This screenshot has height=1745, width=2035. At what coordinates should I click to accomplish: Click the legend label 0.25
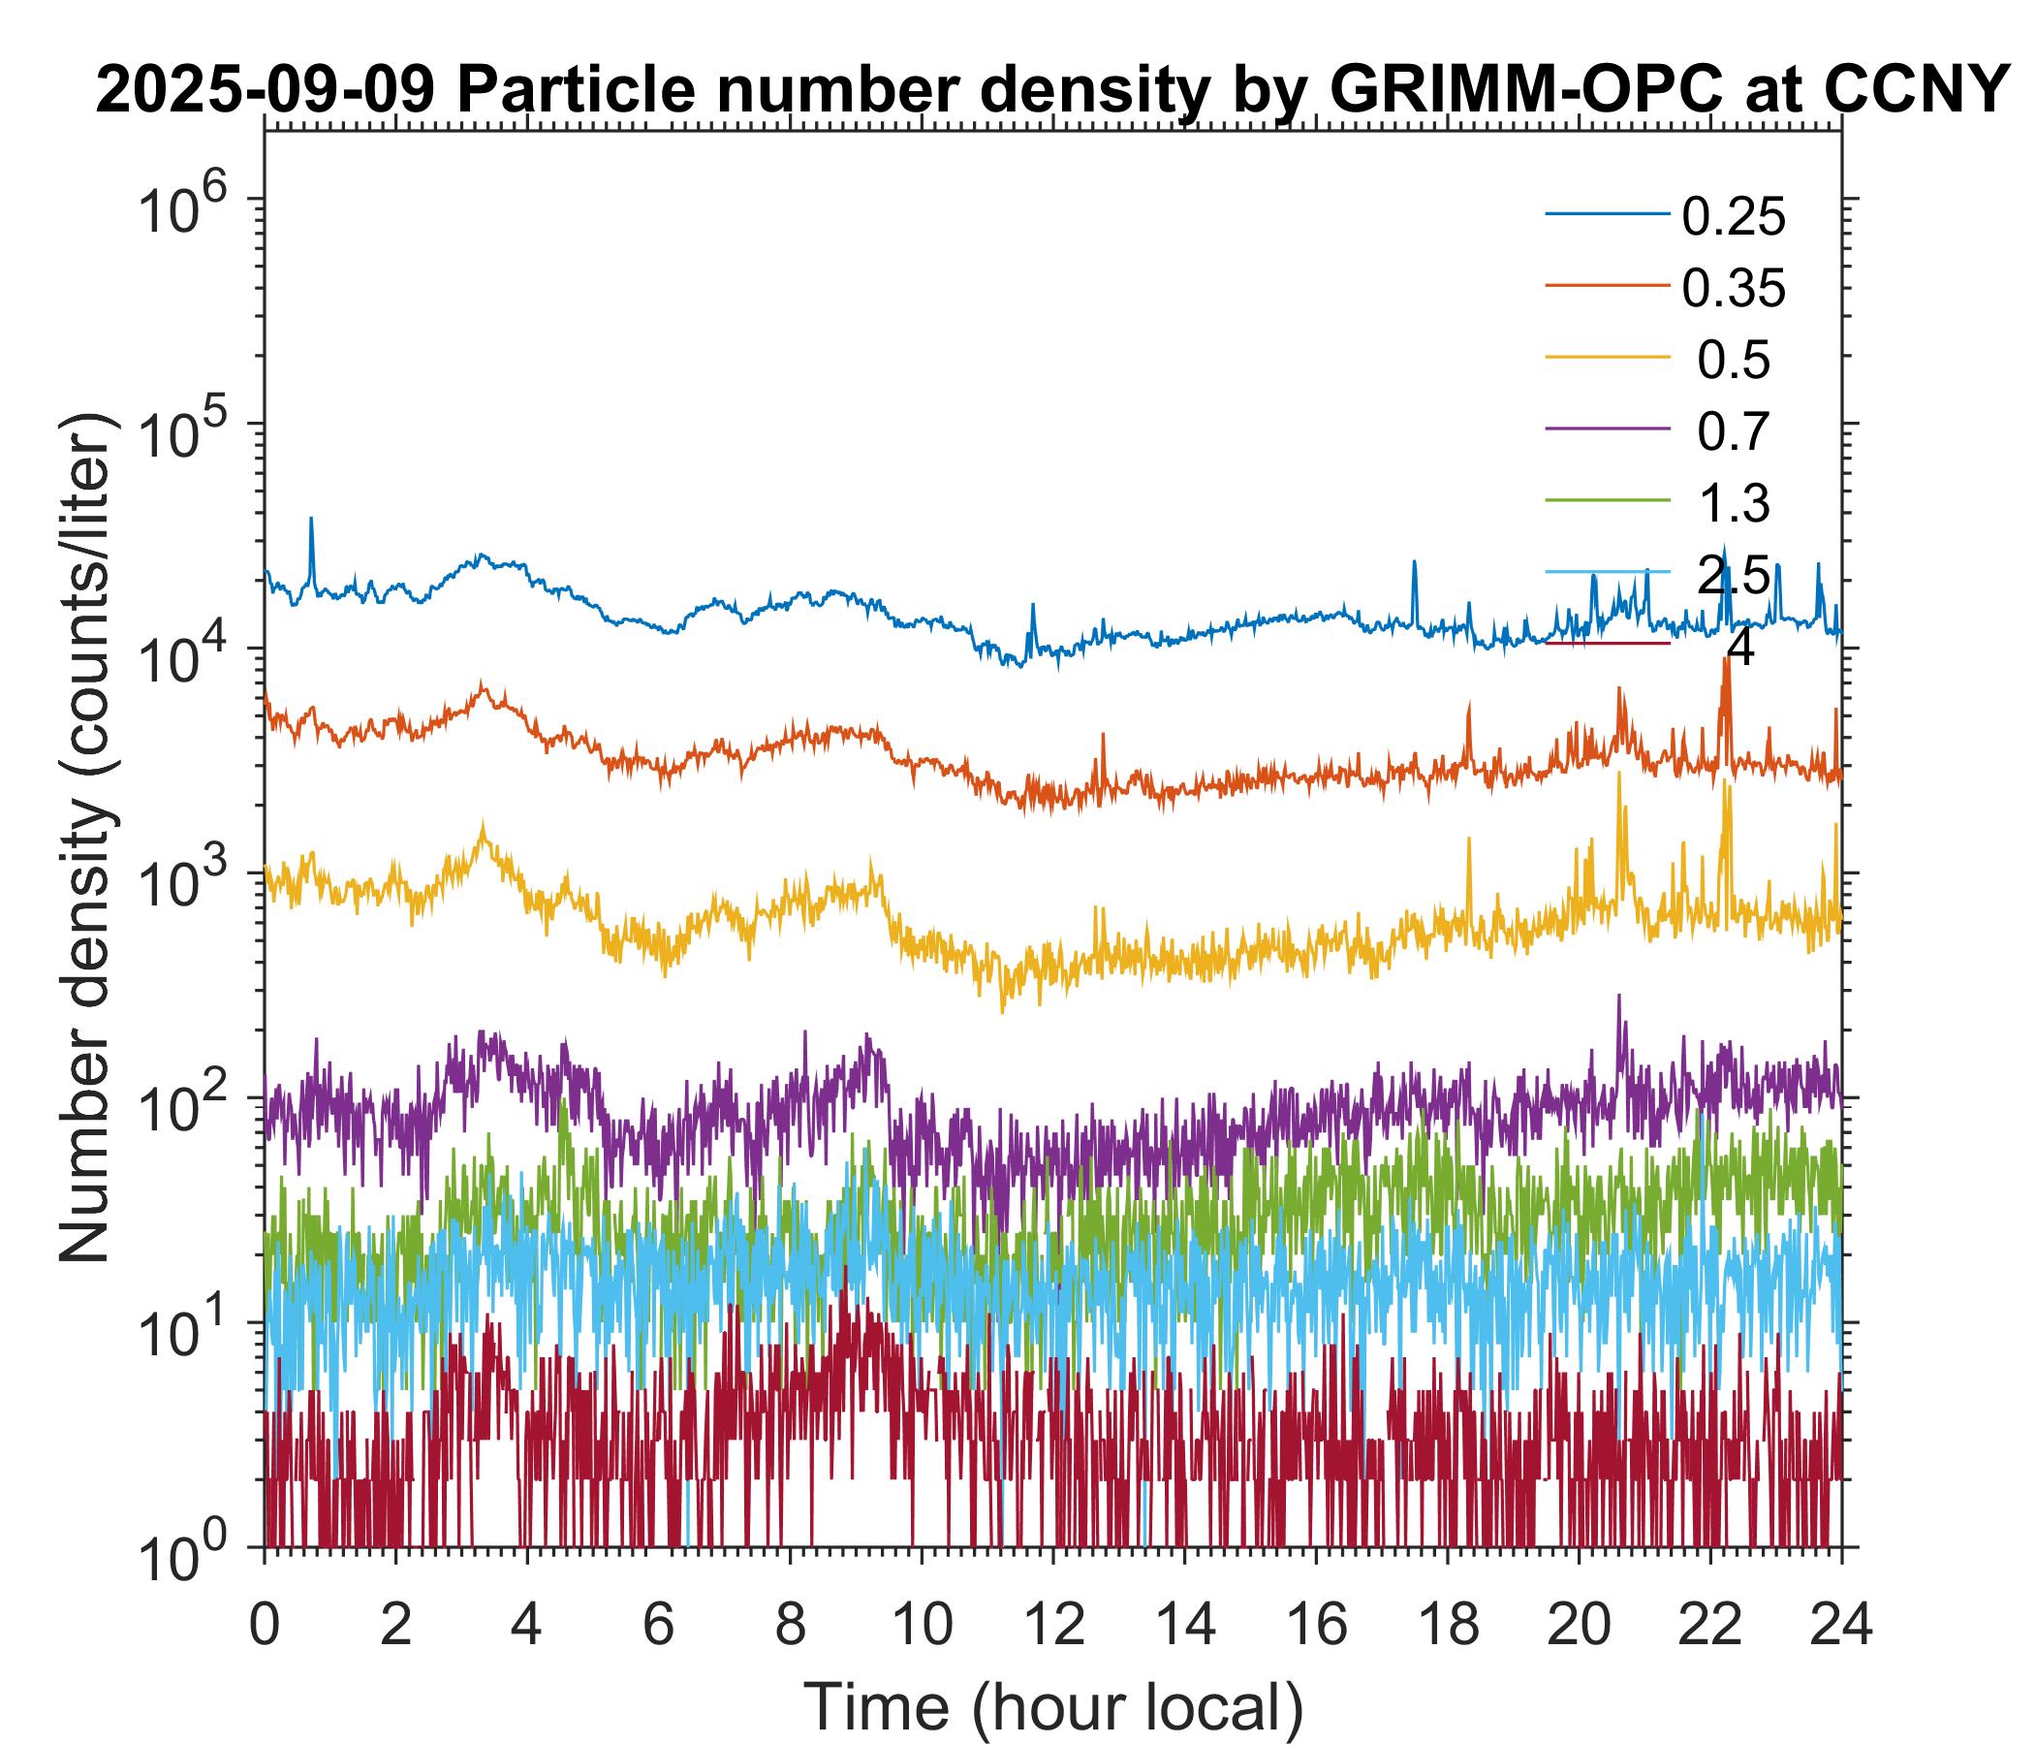pos(1733,217)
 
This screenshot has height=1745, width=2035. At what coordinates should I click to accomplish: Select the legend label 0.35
pos(1733,289)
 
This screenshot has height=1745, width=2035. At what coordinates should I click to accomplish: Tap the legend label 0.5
pos(1733,361)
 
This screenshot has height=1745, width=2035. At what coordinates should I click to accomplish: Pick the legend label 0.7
pos(1733,432)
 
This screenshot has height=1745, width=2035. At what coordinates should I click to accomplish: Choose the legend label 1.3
pos(1733,504)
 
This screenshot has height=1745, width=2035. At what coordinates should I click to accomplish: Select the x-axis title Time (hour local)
pos(1052,1706)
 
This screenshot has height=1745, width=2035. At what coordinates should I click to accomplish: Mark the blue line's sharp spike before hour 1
pos(311,520)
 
